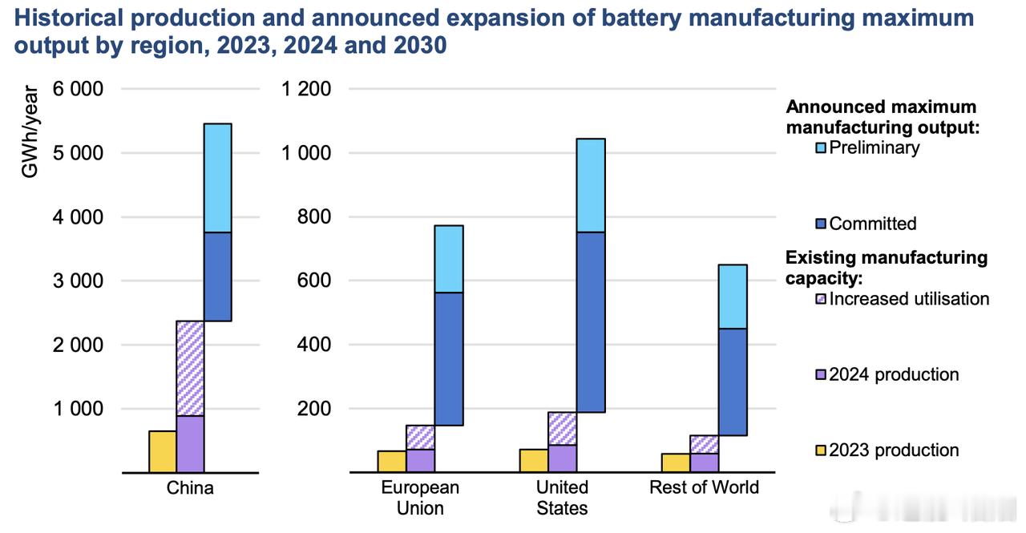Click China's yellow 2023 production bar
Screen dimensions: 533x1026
[x=162, y=452]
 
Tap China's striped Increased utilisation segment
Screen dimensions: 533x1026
[x=190, y=368]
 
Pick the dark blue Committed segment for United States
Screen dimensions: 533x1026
[x=591, y=321]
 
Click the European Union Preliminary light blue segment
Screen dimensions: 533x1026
[x=448, y=258]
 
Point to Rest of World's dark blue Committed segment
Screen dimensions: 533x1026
[x=733, y=382]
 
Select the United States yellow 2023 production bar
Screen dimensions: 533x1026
[x=533, y=461]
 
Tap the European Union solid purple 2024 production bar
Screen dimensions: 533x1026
[x=420, y=461]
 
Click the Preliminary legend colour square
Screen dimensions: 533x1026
[x=820, y=148]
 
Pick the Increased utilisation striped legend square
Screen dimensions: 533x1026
[x=820, y=299]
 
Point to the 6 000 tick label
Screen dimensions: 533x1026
[x=78, y=89]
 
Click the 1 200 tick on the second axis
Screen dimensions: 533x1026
[x=305, y=89]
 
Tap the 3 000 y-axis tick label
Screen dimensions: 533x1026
[x=78, y=281]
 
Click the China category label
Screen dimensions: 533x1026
[x=190, y=488]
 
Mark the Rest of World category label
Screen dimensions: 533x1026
[x=704, y=488]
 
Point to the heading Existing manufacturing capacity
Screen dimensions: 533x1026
[x=886, y=268]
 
